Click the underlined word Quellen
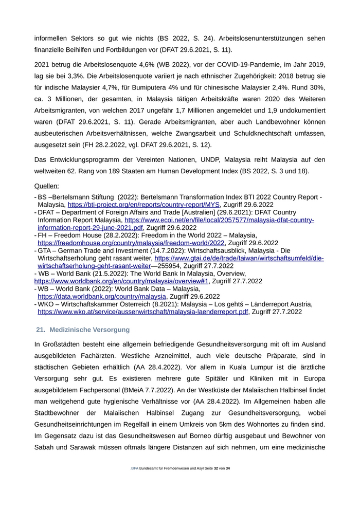pyautogui.click(x=46, y=186)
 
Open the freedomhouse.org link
pyautogui.click(x=131, y=243)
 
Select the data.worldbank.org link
pyautogui.click(x=102, y=296)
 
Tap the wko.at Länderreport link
pyautogui.click(x=143, y=312)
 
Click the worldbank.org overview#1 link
pyautogui.click(x=121, y=281)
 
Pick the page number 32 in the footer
pyautogui.click(x=216, y=469)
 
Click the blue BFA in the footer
pyautogui.click(x=135, y=469)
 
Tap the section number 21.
pyautogui.click(x=41, y=329)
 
